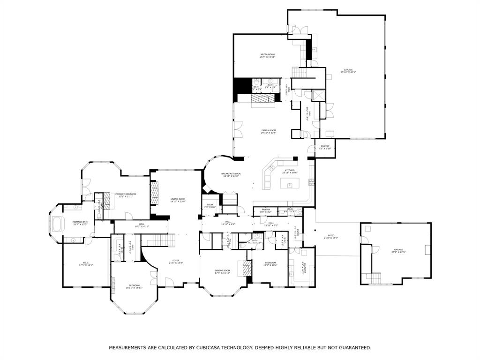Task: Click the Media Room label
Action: [x=268, y=56]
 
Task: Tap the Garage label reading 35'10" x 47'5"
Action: [x=348, y=71]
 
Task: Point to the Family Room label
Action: [x=269, y=132]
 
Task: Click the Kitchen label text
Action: [x=290, y=172]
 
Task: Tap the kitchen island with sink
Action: [x=291, y=185]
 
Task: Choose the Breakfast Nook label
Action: [x=231, y=175]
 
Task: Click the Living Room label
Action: [x=178, y=200]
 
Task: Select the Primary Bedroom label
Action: [x=126, y=195]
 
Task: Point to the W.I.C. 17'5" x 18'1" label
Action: [x=86, y=263]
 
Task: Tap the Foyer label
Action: [x=176, y=262]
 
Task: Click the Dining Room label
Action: [x=223, y=271]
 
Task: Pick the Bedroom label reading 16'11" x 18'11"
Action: [x=134, y=286]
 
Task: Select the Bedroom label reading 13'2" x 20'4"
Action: [x=270, y=264]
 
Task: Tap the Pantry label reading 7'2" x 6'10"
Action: [x=325, y=147]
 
